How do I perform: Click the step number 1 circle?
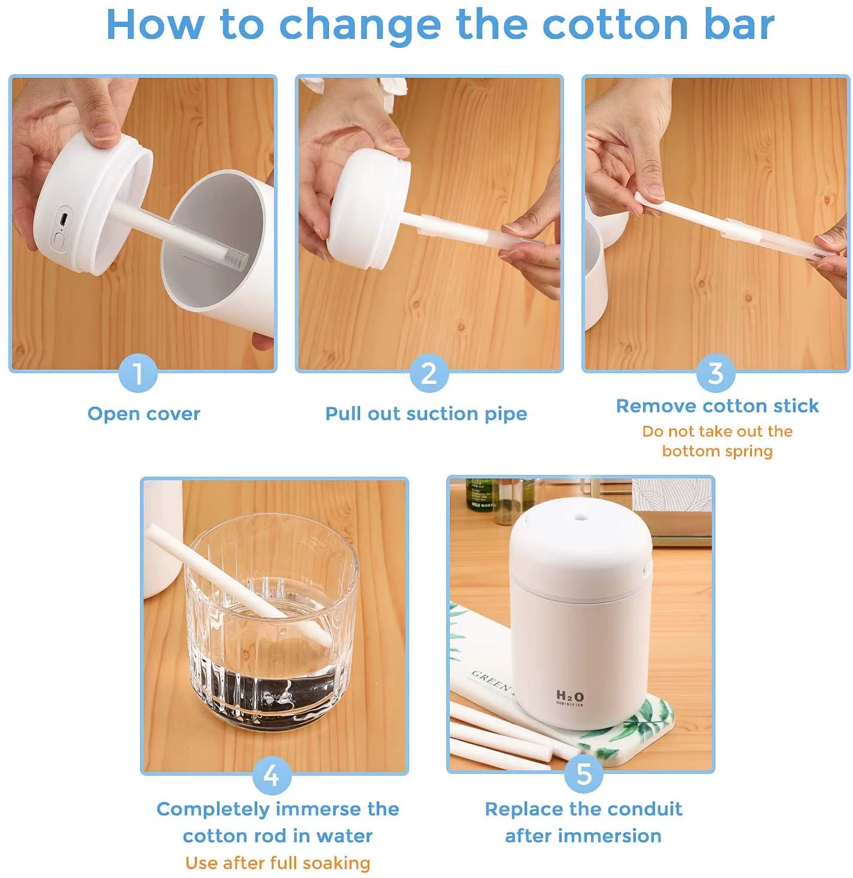(x=138, y=374)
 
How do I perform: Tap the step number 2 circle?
(x=429, y=374)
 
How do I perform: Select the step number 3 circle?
(x=715, y=374)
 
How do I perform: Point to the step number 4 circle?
(x=272, y=776)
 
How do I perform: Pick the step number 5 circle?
(x=583, y=774)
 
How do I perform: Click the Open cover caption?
(x=144, y=414)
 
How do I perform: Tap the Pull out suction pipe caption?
(x=426, y=414)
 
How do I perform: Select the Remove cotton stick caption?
(x=717, y=406)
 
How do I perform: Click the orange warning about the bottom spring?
(x=717, y=441)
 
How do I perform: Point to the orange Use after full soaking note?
(x=278, y=863)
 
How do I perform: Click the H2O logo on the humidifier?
(x=569, y=696)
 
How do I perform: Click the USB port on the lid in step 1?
(x=63, y=219)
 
